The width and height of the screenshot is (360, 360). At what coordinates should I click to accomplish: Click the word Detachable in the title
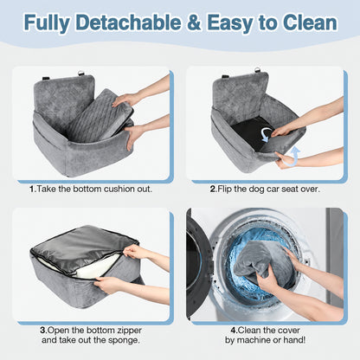(129, 22)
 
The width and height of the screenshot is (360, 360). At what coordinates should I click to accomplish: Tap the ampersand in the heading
(194, 22)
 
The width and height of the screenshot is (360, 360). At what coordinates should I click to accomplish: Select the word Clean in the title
(310, 22)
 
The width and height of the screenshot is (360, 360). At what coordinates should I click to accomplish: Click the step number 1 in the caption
(32, 190)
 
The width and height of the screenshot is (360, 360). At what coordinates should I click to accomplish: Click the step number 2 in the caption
(213, 190)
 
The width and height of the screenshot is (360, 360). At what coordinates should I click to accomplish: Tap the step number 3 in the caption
(43, 330)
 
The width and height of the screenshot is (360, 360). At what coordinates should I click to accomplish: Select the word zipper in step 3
(129, 331)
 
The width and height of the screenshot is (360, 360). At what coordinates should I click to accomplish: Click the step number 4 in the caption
(234, 330)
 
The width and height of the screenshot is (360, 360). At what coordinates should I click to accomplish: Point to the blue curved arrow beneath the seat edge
(292, 157)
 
